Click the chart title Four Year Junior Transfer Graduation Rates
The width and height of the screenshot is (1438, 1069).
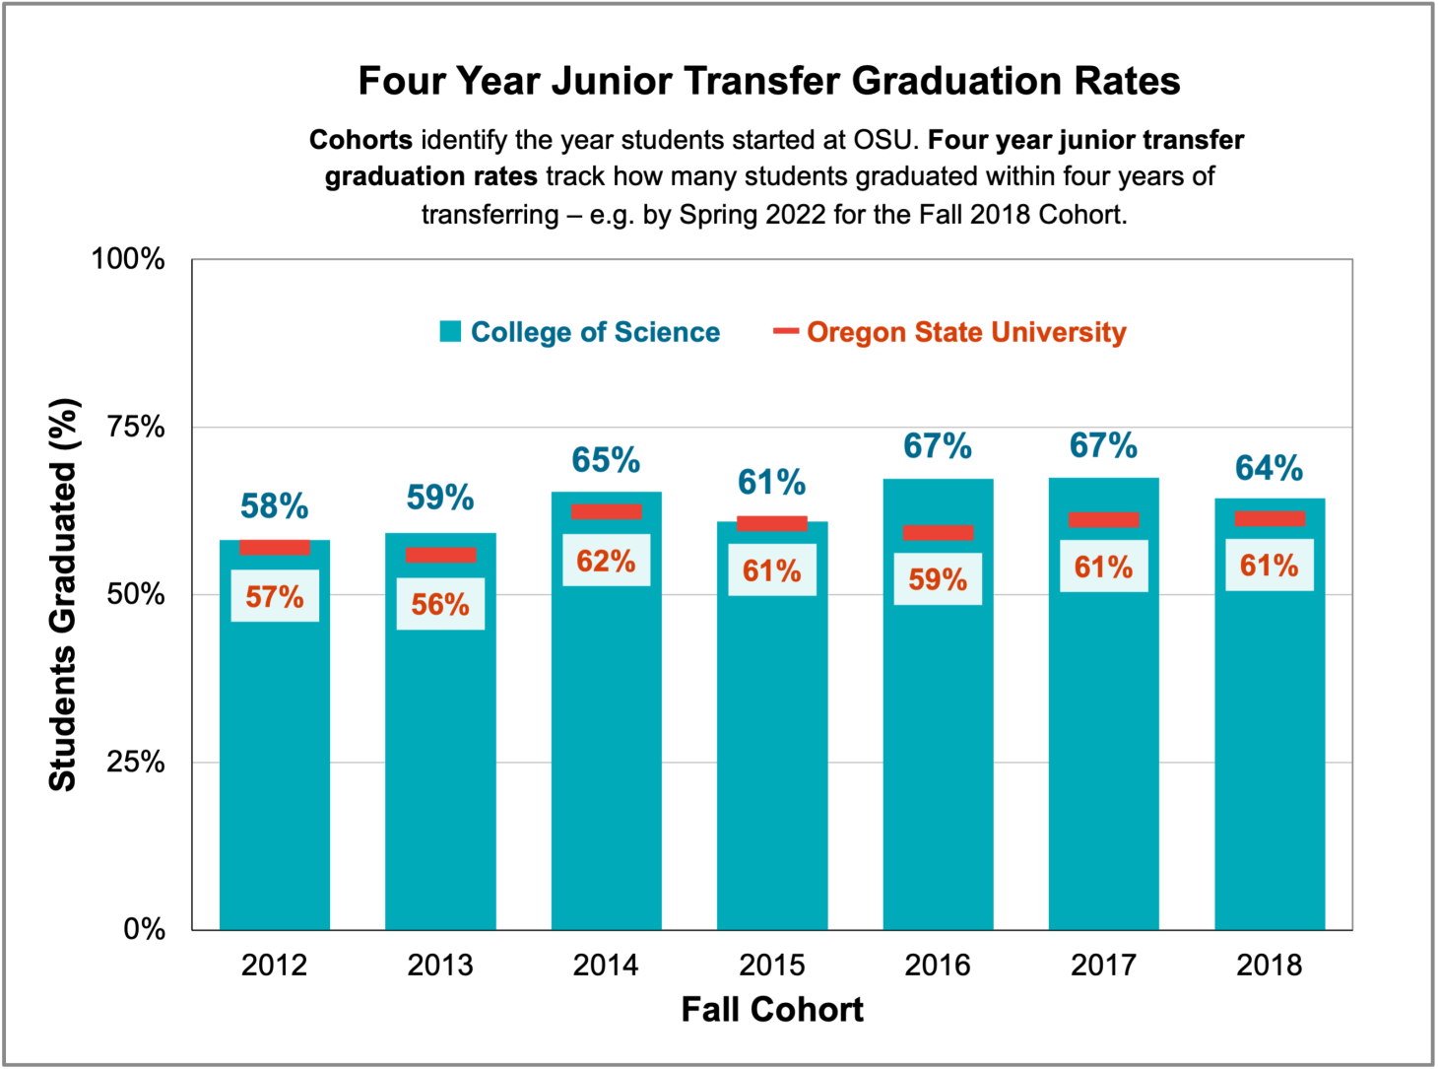pos(768,81)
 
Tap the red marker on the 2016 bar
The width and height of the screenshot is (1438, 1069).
pos(938,533)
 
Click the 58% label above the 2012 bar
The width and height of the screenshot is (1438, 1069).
pos(274,506)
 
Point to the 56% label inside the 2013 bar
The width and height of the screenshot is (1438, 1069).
pos(440,604)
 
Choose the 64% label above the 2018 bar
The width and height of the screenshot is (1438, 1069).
pos(1269,468)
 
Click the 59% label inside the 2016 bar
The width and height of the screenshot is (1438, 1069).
pos(938,579)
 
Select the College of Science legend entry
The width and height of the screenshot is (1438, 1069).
pos(580,332)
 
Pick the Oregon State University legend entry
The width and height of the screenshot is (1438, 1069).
pos(950,332)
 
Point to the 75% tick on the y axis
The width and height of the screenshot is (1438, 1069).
pos(136,427)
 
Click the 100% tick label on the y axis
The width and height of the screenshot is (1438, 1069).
pos(128,259)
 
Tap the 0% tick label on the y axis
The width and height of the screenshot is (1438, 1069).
pos(144,929)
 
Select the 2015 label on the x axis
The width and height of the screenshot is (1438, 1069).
pos(771,965)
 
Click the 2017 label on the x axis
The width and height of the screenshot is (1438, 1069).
pos(1103,965)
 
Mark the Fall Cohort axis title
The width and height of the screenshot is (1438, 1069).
pos(771,1010)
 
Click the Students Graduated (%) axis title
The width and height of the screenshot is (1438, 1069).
pos(62,594)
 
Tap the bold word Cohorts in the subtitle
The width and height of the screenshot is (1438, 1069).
pos(360,140)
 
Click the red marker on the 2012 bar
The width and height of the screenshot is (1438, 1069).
pos(275,548)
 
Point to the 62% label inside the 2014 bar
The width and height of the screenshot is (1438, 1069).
pos(606,561)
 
